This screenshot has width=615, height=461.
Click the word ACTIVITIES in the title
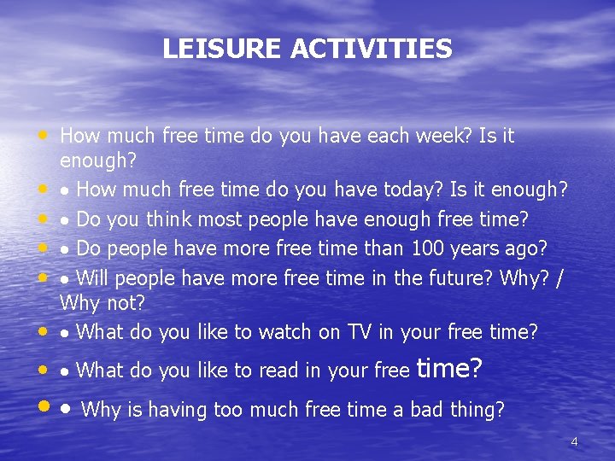click(x=371, y=49)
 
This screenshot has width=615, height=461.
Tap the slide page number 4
click(x=574, y=441)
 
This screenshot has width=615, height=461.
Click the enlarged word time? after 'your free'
click(x=449, y=369)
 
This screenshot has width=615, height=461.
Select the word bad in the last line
click(x=427, y=410)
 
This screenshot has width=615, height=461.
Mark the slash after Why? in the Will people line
click(x=559, y=277)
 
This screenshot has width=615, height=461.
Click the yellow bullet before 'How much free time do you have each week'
click(x=42, y=135)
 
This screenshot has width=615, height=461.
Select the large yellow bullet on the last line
click(x=43, y=409)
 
